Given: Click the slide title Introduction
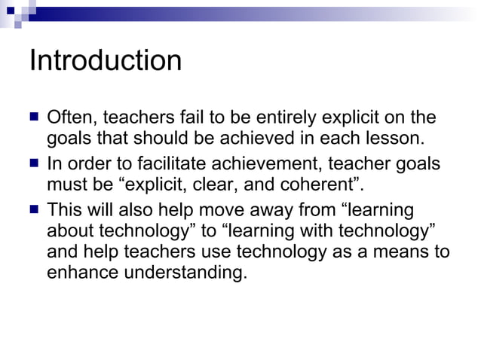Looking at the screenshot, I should [x=106, y=60].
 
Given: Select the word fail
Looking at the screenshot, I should [x=192, y=117].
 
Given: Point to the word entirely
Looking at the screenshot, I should [x=295, y=117].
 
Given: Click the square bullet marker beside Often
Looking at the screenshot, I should [x=34, y=117].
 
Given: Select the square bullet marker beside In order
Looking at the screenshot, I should [x=34, y=163].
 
